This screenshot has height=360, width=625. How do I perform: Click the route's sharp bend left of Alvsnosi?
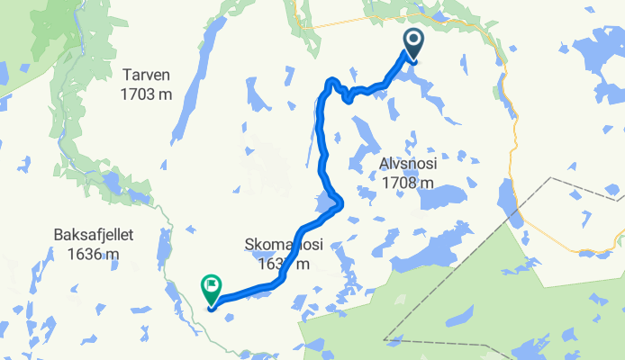337,202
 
